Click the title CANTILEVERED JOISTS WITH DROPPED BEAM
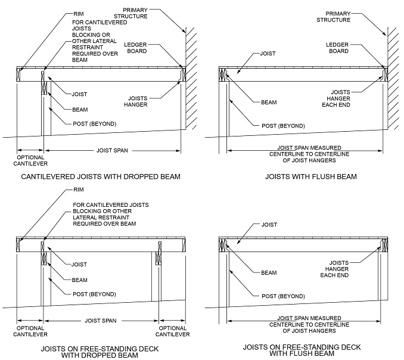[x=101, y=177]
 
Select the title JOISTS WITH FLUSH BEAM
[x=311, y=177]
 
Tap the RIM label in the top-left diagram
[x=79, y=14]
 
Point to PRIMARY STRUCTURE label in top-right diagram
[x=334, y=17]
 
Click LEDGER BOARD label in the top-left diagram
[x=135, y=48]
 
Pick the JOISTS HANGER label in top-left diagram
[x=136, y=101]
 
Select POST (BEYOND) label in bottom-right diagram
[x=283, y=296]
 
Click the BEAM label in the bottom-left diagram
[x=80, y=280]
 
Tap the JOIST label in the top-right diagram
[x=268, y=54]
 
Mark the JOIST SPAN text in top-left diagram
[x=112, y=150]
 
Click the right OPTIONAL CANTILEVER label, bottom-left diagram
[x=172, y=331]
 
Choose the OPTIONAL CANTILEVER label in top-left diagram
[x=30, y=160]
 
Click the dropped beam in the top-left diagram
[x=44, y=83]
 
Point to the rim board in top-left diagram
[x=18, y=75]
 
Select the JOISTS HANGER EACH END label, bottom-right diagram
[x=334, y=269]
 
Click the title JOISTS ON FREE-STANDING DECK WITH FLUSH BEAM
[x=302, y=350]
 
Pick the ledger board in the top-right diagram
[x=386, y=75]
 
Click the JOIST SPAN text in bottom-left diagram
[x=101, y=321]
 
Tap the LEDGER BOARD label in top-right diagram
[x=337, y=48]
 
